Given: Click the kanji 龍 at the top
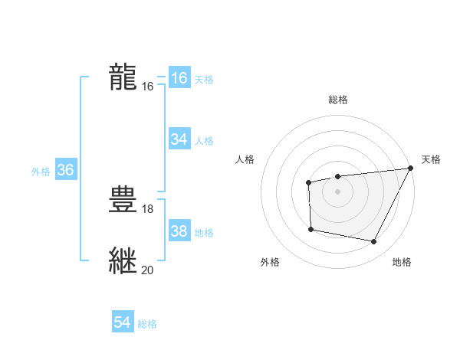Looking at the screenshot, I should coord(123,77).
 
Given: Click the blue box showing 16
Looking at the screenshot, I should coord(179,77).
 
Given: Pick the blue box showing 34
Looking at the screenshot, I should coord(179,139).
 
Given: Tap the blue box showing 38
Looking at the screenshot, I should coord(179,231).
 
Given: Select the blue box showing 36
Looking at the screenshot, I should coord(65,170).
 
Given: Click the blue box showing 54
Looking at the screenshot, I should coord(122,323).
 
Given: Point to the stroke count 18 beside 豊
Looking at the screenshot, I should coord(148,208).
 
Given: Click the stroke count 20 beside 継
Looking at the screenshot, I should coord(148,270).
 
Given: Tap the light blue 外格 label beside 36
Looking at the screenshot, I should coord(41,172).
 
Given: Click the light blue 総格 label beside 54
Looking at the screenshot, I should coord(147,325).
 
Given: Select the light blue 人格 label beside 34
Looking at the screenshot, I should coord(204,141).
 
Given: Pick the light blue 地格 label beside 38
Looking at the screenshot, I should coord(204,233).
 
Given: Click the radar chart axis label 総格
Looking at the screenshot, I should coord(337,100).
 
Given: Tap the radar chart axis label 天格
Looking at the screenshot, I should coord(431,159).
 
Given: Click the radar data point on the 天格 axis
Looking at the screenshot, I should coord(410,169).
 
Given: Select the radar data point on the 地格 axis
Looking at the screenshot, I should coord(373,242).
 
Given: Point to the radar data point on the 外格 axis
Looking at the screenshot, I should coord(310,229).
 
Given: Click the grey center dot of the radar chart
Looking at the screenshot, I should coord(337,191).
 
